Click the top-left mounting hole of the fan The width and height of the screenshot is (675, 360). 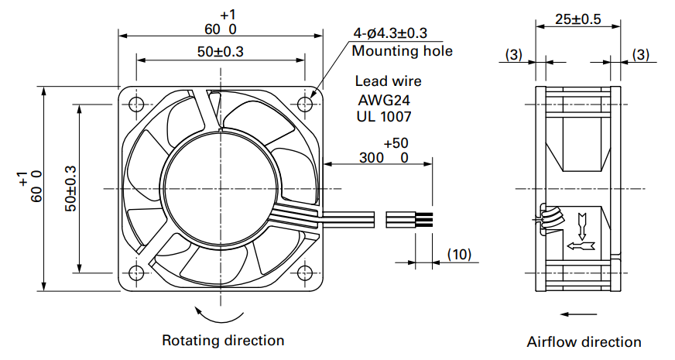tap(136, 104)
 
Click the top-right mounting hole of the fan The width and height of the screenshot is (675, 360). tap(305, 104)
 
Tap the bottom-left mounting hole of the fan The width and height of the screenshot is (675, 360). tap(136, 273)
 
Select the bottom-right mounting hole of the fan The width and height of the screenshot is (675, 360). tap(305, 273)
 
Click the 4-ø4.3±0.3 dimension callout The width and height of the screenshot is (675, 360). tap(390, 33)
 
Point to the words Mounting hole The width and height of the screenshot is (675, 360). tap(402, 51)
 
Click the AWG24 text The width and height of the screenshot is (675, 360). tap(384, 101)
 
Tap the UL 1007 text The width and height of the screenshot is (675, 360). tap(384, 116)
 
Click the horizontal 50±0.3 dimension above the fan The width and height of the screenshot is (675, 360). tap(221, 52)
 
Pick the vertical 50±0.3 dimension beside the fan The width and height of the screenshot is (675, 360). tap(71, 189)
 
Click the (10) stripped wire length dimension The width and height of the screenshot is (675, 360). tap(459, 254)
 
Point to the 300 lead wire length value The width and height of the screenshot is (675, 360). tap(372, 158)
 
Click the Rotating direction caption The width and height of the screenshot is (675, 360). tap(223, 340)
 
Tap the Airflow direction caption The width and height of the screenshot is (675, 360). tap(584, 342)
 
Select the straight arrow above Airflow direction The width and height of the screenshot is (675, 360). tap(578, 314)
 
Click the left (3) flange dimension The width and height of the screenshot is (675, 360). tap(513, 55)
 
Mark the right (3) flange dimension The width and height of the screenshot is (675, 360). tap(641, 55)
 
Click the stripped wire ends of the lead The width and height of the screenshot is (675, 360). tap(423, 219)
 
